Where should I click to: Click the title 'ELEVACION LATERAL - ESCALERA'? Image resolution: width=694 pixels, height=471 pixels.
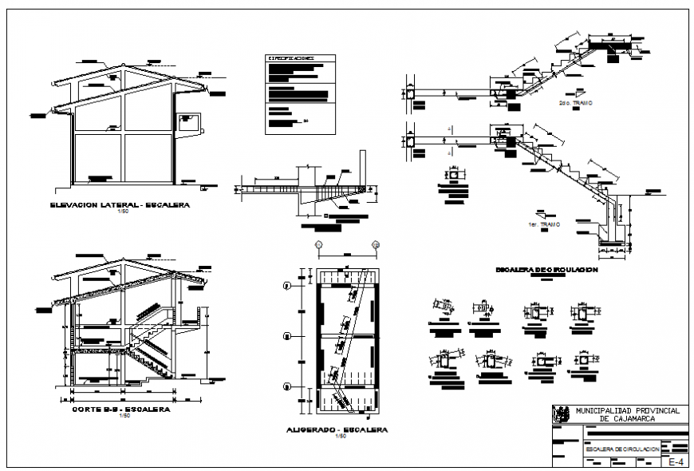[x=119, y=204]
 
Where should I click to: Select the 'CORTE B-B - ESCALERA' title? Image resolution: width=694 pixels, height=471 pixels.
[x=120, y=409]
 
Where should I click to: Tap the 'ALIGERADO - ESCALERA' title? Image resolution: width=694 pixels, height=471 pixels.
[x=336, y=429]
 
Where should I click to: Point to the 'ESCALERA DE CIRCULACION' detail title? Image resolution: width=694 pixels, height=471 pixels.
[x=546, y=270]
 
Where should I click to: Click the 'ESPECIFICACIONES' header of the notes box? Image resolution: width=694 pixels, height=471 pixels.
[x=290, y=58]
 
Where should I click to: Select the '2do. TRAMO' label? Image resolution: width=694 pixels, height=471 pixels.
[x=574, y=103]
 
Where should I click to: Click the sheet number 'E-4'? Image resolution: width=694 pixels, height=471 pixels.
[x=676, y=461]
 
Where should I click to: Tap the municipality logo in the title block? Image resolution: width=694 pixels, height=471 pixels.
[x=562, y=414]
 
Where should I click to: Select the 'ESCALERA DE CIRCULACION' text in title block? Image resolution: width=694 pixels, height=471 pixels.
[x=622, y=449]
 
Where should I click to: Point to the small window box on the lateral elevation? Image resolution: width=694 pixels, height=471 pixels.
[x=188, y=122]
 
